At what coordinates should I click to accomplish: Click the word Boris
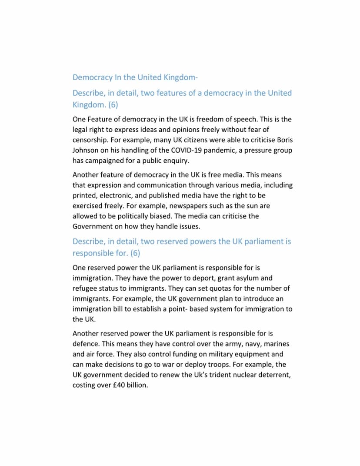click(x=283, y=140)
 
